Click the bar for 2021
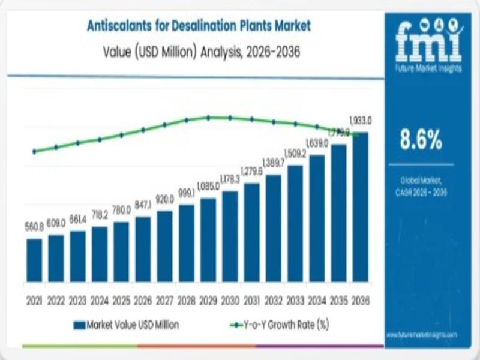click(x=35, y=260)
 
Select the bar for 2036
click(x=361, y=206)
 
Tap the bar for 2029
click(x=208, y=239)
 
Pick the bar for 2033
click(x=295, y=223)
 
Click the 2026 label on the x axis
click(x=143, y=299)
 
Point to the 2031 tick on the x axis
click(x=252, y=299)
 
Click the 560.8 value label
click(x=35, y=227)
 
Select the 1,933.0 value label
click(x=361, y=121)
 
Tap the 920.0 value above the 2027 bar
click(x=164, y=199)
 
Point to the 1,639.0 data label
click(x=317, y=143)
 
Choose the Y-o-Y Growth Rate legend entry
click(x=280, y=325)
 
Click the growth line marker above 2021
click(x=34, y=151)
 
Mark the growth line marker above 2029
click(x=208, y=118)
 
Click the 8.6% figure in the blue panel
click(x=421, y=140)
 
